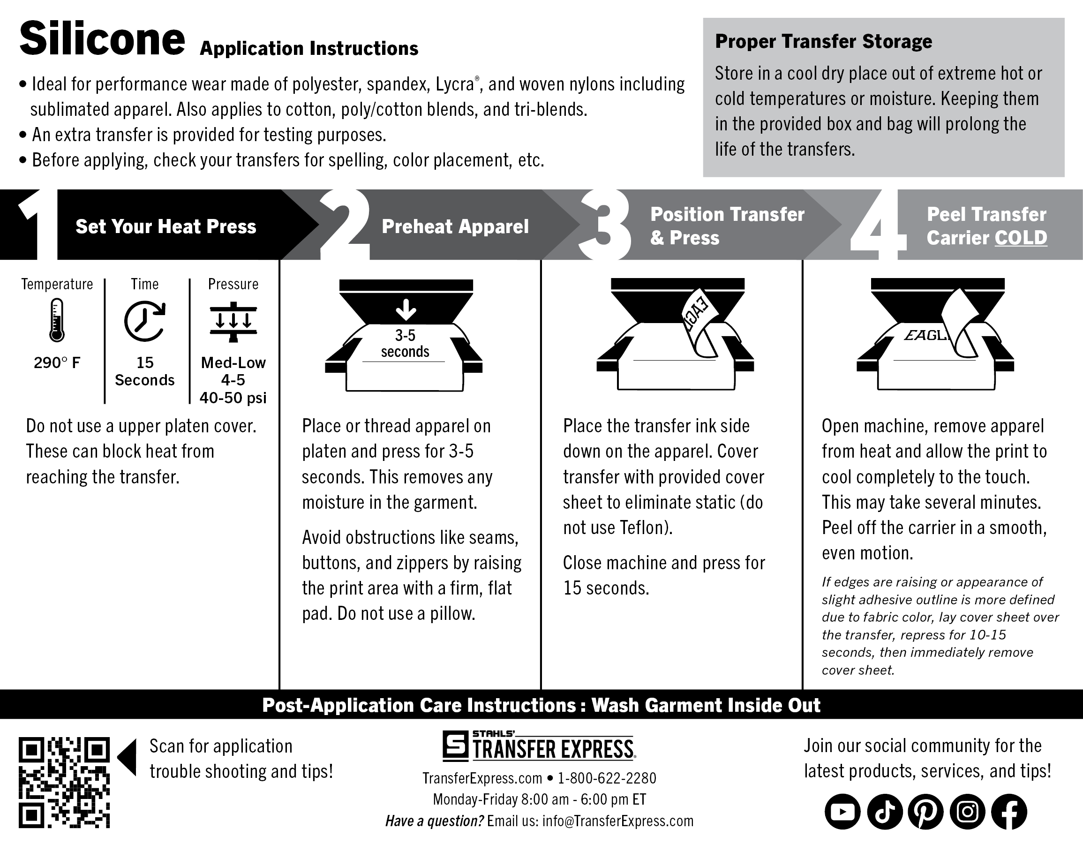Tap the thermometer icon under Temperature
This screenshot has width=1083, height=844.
[x=57, y=320]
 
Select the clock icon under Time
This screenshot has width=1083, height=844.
[x=144, y=320]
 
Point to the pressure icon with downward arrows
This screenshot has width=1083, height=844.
[x=233, y=321]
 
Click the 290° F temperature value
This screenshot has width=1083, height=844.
[x=57, y=363]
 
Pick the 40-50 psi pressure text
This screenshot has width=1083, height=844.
[x=233, y=398]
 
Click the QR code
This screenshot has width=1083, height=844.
[x=64, y=783]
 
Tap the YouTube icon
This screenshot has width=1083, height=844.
[x=842, y=812]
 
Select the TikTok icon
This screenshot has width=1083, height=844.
[x=884, y=812]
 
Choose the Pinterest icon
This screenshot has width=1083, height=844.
[x=926, y=812]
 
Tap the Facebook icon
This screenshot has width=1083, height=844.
[x=1009, y=812]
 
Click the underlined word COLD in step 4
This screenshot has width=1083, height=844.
[x=1021, y=238]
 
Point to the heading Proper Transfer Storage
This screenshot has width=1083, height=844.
[x=823, y=42]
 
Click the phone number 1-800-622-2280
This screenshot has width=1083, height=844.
[x=607, y=778]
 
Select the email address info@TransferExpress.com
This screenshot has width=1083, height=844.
[x=617, y=821]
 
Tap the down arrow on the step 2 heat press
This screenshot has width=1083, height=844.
[x=406, y=309]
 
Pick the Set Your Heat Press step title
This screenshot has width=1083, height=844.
[x=165, y=226]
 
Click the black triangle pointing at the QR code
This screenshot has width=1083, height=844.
[x=128, y=757]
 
